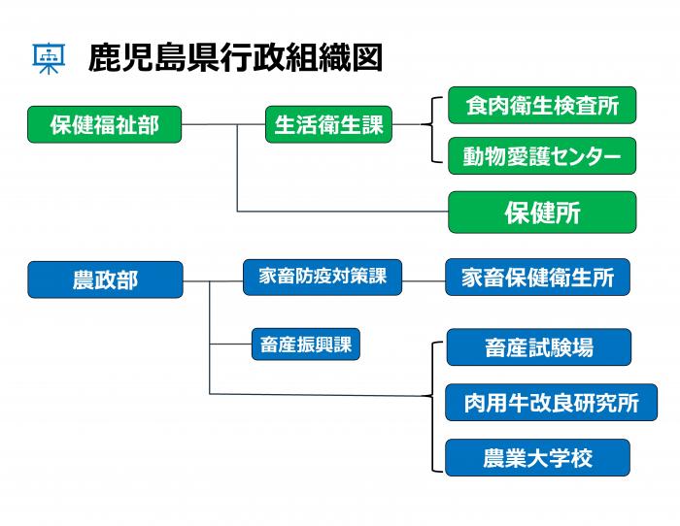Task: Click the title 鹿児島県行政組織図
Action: coord(234,58)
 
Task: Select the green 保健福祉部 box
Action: coord(105,124)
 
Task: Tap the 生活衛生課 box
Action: coord(328,125)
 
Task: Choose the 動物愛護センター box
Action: coord(541,156)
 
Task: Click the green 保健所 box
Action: coord(541,212)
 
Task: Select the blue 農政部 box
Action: coord(105,279)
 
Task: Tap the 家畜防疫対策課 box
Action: coord(323,277)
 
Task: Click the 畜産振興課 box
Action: coord(305,345)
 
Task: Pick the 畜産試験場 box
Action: coord(538,346)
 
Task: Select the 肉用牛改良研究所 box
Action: coord(551,403)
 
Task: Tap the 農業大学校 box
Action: coord(537,457)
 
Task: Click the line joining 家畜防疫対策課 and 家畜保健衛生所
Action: coord(424,281)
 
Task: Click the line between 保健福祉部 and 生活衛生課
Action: coord(223,125)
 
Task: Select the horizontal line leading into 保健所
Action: coord(340,212)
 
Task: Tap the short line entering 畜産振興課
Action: coord(230,345)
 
